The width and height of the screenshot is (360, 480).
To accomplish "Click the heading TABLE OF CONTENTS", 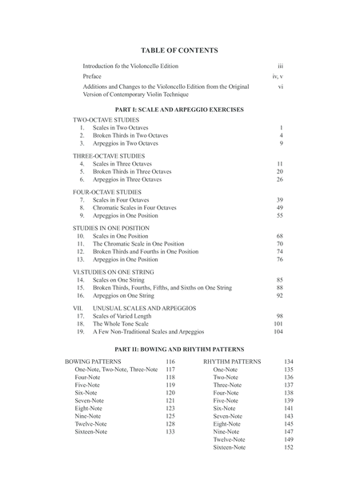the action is [x=179, y=50].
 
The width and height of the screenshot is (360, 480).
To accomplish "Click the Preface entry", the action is [x=94, y=75].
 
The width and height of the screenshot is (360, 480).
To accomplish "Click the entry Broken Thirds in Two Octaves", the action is [x=130, y=135].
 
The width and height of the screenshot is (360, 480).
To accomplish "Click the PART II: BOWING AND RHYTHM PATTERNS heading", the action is [x=179, y=350].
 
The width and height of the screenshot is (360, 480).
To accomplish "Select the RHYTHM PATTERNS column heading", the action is [x=232, y=362].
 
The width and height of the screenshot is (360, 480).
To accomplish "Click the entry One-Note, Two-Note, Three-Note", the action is [x=116, y=370].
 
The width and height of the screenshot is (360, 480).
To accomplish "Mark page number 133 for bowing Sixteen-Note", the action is [x=170, y=431].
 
